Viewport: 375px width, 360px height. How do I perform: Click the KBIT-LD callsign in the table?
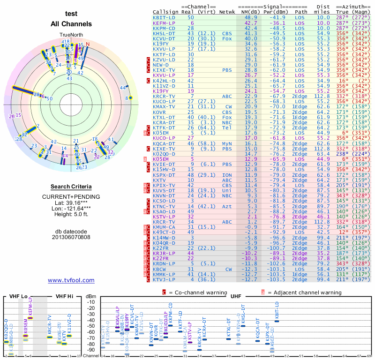pos(164,17)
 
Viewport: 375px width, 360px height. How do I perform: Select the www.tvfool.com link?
pos(71,280)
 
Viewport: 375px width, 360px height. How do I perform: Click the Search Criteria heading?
pos(71,187)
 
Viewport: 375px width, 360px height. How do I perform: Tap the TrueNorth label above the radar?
pos(71,35)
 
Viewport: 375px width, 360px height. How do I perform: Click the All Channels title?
pos(71,23)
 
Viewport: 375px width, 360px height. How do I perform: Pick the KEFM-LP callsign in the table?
pos(164,22)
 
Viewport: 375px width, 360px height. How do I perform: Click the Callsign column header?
pos(165,11)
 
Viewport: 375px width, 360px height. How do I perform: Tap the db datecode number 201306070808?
pos(71,237)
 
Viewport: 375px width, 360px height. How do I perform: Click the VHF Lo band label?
pos(18,296)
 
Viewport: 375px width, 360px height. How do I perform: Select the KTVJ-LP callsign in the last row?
pos(164,279)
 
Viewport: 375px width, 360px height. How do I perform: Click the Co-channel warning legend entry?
pos(197,292)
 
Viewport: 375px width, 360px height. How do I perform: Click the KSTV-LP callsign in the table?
pos(164,217)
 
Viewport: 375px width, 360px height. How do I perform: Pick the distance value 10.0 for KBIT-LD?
pos(323,17)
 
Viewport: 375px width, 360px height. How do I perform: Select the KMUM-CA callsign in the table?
pos(164,227)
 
